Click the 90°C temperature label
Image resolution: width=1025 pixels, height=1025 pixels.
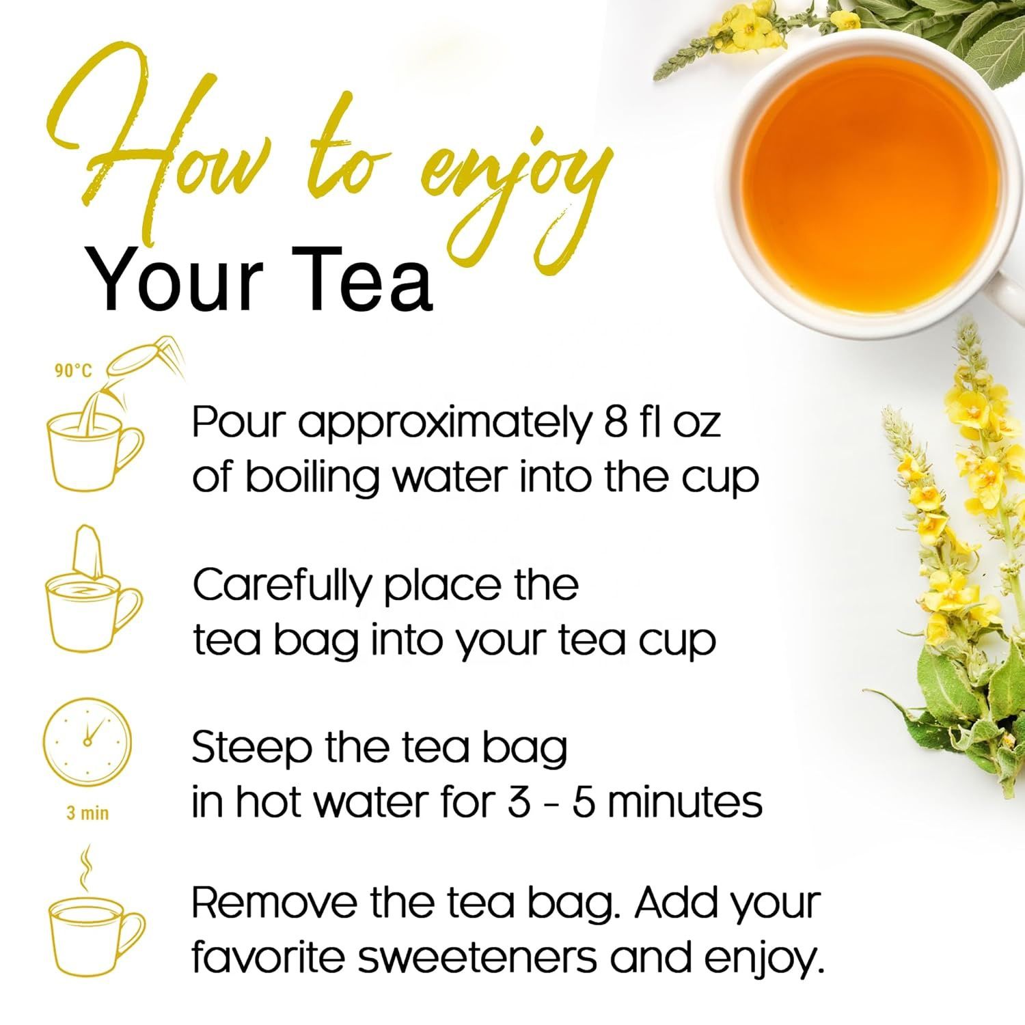tap(73, 371)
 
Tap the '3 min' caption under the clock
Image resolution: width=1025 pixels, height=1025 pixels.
tap(87, 813)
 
